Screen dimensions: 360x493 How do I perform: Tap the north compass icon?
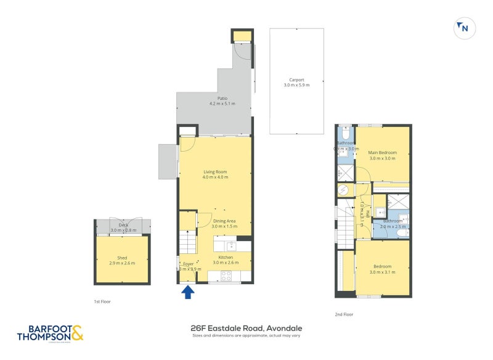point(463,28)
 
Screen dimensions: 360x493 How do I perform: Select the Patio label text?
point(214,98)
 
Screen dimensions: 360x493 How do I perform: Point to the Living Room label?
point(215,172)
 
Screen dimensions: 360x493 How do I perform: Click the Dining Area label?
point(224,221)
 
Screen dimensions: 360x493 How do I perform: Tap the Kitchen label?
point(225,257)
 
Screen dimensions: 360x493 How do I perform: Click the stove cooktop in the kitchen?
point(226,277)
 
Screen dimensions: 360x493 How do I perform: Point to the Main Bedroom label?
point(382,152)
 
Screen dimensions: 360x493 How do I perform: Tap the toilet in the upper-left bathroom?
point(345,134)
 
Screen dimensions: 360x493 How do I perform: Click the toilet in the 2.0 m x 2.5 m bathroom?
point(401,232)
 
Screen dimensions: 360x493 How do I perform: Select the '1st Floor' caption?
point(102,302)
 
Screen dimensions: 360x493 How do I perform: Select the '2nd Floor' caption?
point(344,314)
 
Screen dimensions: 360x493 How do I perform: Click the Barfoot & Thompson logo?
point(50,333)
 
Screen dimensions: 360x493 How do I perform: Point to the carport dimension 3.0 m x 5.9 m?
point(297,85)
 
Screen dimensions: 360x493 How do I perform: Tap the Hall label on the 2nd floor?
point(367,214)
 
